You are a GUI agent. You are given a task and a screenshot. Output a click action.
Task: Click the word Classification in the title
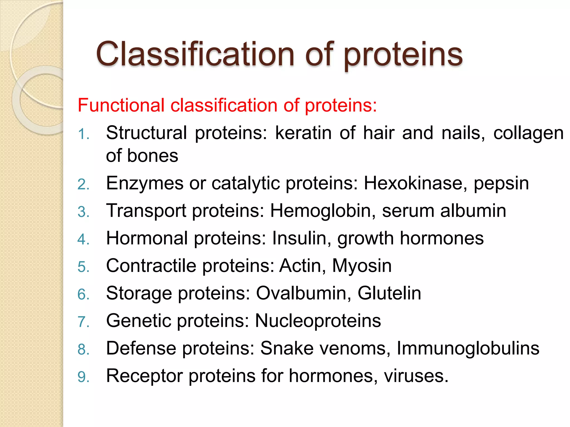195,54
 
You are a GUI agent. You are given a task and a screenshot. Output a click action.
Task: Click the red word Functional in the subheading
121,106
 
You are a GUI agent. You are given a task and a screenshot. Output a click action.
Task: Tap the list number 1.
83,135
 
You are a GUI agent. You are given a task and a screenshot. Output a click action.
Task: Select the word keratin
303,133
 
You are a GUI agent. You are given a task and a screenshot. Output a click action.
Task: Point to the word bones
153,156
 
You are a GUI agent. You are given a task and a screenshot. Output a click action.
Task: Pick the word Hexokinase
415,183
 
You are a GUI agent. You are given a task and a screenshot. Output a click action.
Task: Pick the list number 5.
83,267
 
